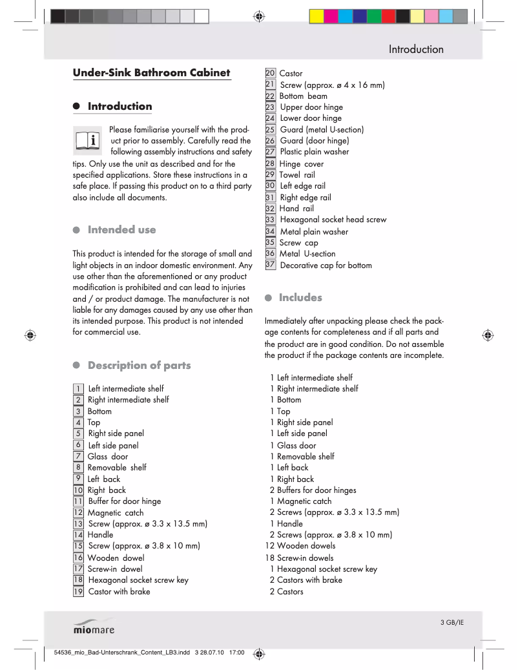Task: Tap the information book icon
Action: coord(88,140)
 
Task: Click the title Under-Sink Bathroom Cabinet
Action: coord(151,72)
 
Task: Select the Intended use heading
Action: coord(121,230)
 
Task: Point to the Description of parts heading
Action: coord(139,366)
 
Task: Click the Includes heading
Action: coord(300,298)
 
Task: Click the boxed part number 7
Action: coord(78,456)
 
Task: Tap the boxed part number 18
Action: coord(78,580)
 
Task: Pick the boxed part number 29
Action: coord(271,174)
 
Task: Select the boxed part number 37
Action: coord(271,264)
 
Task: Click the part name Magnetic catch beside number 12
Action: coord(116,512)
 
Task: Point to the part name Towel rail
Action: coord(297,175)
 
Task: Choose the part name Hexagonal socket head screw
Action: coord(333,220)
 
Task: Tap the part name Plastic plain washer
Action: coord(314,152)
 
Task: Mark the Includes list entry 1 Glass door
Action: coord(293,445)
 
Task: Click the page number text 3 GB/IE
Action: coord(452,622)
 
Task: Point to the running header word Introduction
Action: coord(416,49)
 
